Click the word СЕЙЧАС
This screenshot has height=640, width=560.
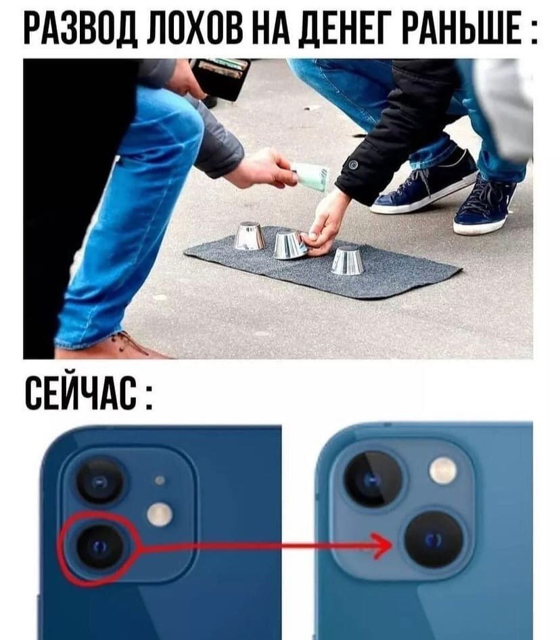pos(81,393)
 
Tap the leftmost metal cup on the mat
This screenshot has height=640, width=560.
pos(249,236)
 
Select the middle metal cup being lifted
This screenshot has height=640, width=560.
pos(289,244)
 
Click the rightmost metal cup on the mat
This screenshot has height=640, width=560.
pos(348,260)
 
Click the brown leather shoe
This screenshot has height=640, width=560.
pos(118,347)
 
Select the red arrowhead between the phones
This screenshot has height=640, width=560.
pos(382,545)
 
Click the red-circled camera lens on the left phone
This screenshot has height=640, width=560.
pos(99,547)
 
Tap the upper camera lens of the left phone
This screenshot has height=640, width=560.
pos(100,482)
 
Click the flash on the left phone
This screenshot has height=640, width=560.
pos(160,514)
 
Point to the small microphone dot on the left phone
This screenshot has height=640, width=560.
pos(160,480)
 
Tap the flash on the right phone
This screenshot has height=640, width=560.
pos(443,471)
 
